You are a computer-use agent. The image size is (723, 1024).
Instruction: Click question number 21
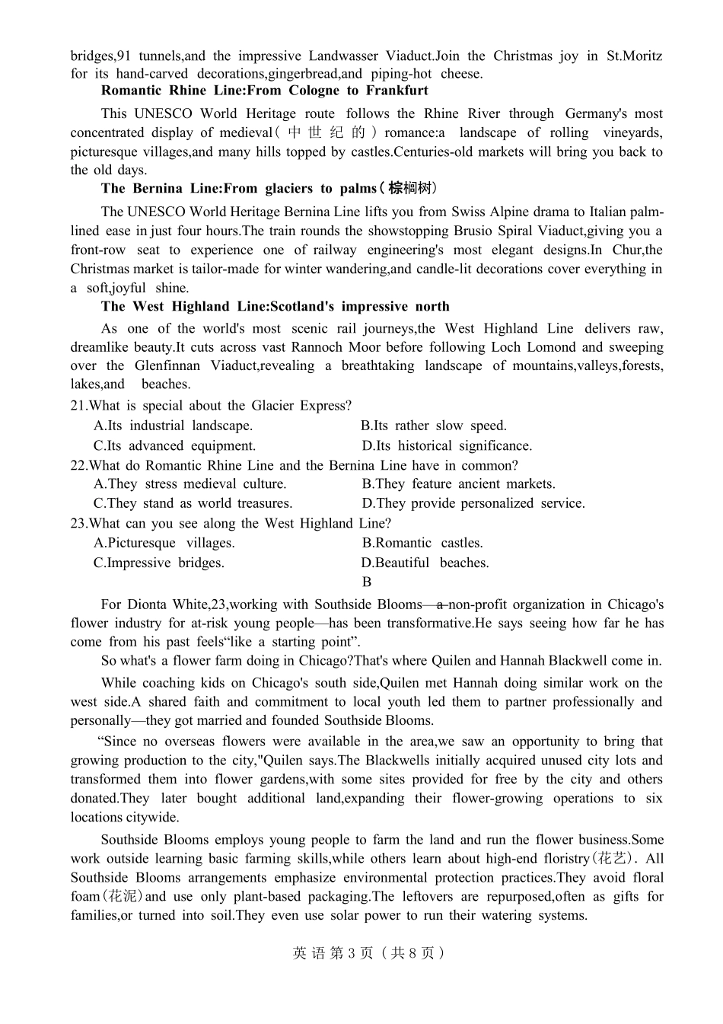coord(78,406)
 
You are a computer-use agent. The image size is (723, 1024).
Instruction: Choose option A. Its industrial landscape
coord(173,426)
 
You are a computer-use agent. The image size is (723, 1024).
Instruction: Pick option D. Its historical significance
coord(446,445)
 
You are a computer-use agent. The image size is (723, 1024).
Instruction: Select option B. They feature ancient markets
coord(458,483)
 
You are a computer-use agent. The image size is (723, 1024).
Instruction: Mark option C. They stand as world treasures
coord(193,503)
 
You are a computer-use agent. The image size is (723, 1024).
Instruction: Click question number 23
coord(78,523)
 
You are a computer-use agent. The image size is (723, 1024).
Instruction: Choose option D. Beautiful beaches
coord(425,563)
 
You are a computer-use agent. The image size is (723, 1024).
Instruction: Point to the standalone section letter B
coord(367,582)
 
